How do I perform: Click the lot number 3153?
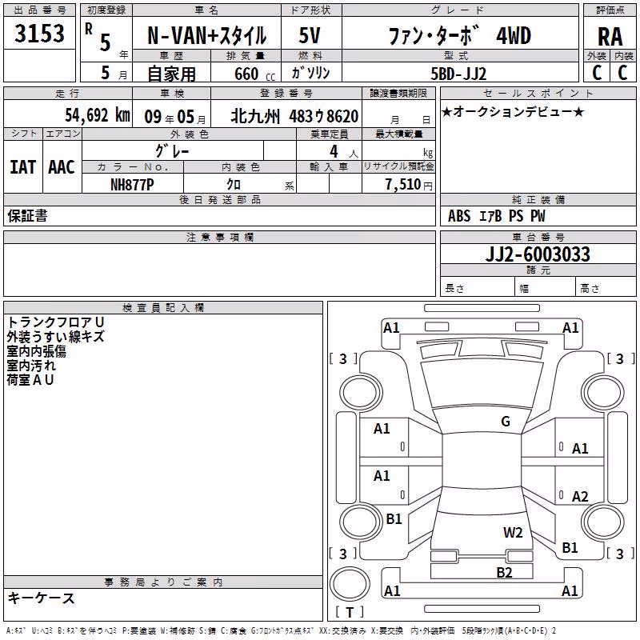[x=39, y=34]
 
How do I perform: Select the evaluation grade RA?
[x=610, y=37]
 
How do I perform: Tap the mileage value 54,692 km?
[x=98, y=115]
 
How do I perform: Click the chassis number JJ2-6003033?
[x=538, y=254]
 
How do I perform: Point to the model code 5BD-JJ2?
[x=458, y=74]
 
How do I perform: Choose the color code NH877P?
[x=132, y=185]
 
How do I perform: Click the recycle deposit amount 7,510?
[x=403, y=185]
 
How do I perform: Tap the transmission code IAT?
[x=22, y=167]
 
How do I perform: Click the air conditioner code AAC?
[x=62, y=167]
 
